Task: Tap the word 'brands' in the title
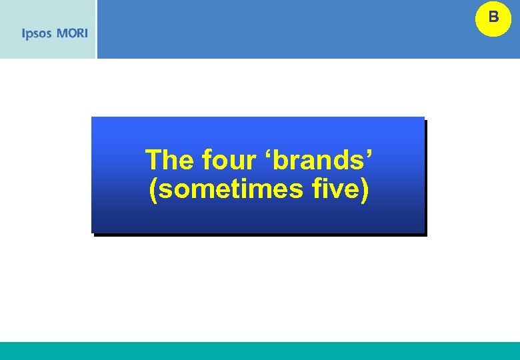(x=322, y=160)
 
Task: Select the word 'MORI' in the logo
(x=72, y=33)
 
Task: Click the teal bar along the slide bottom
(x=260, y=351)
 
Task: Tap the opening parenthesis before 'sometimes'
(x=154, y=189)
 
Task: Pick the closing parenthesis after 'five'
(x=365, y=189)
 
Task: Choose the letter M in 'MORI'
(x=61, y=33)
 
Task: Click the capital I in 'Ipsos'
(x=24, y=33)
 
